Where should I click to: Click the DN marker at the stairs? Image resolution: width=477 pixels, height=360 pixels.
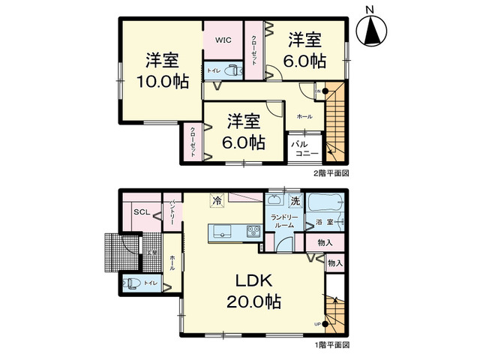pyautogui.click(x=318, y=91)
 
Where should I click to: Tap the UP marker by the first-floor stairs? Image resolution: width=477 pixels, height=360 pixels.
pyautogui.click(x=318, y=324)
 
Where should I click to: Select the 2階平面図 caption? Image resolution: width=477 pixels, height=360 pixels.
pyautogui.click(x=331, y=173)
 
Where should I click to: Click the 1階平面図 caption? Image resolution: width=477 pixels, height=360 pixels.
pyautogui.click(x=331, y=346)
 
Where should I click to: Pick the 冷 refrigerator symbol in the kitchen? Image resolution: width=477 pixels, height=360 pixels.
pyautogui.click(x=217, y=201)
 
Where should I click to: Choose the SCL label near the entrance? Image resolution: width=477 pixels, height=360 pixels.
pyautogui.click(x=142, y=212)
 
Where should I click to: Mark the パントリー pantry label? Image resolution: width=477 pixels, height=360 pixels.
pyautogui.click(x=172, y=211)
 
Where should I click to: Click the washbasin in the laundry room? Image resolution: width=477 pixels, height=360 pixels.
pyautogui.click(x=276, y=200)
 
